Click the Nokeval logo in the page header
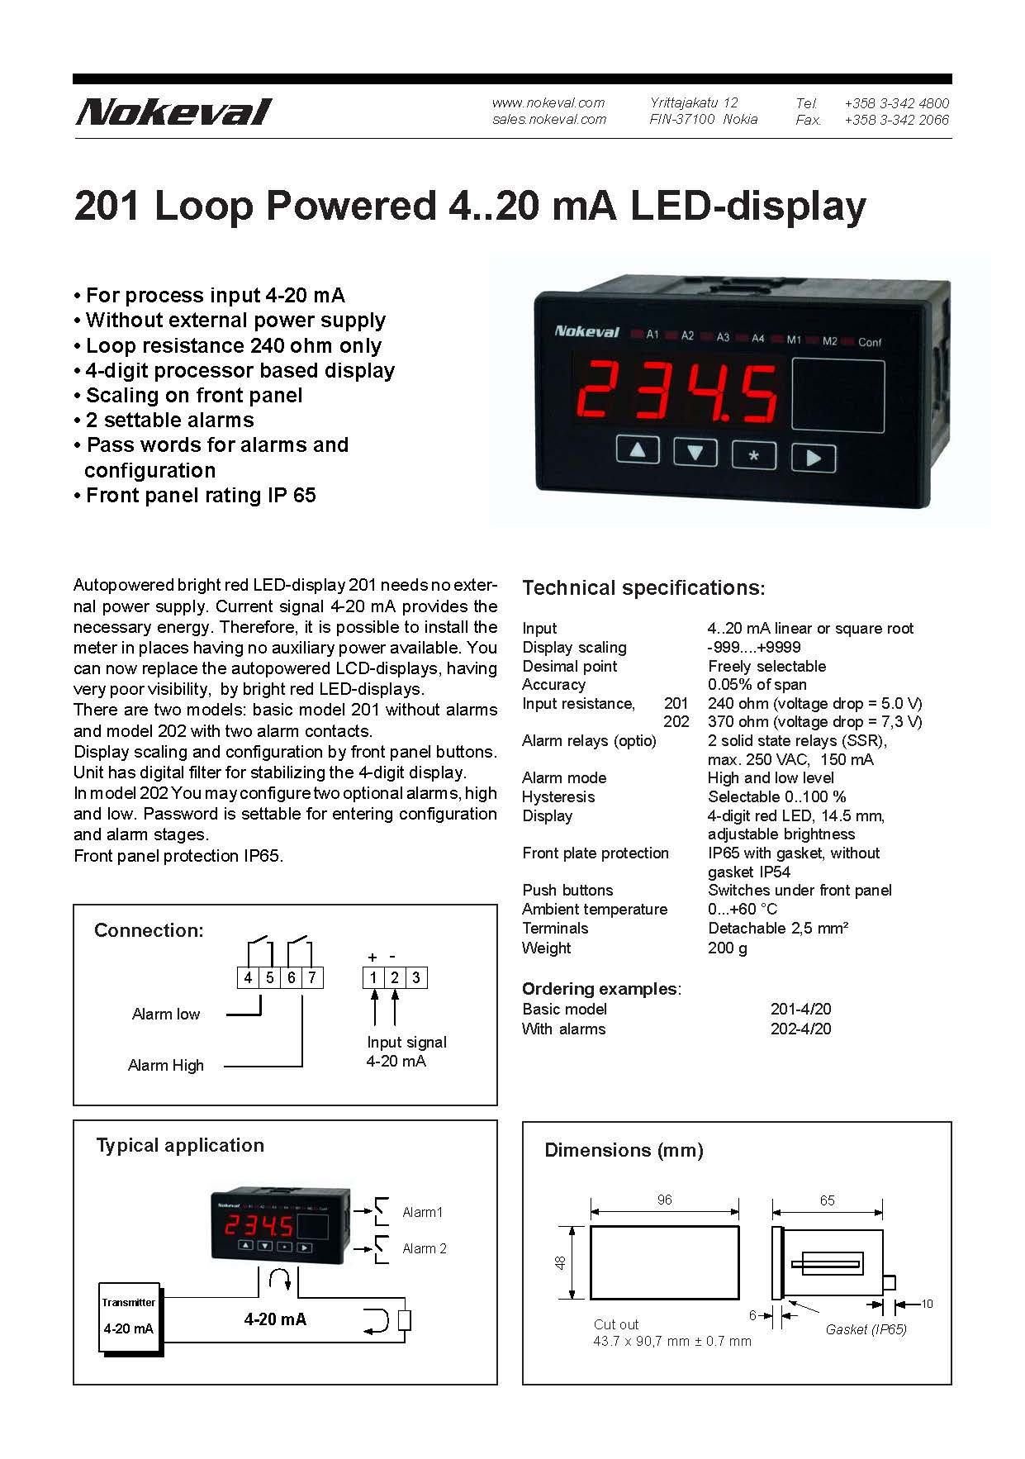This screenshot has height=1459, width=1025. [173, 112]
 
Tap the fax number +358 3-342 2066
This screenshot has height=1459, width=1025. [896, 120]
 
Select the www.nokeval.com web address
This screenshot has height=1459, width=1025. [548, 102]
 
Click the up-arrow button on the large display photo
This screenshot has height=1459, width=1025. [638, 451]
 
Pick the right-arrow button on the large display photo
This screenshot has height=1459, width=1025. [814, 458]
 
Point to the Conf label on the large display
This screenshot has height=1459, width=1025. [870, 342]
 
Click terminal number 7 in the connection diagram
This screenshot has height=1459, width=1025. [312, 977]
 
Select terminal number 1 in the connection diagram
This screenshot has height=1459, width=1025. [373, 977]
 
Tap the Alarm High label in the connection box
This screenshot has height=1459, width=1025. [165, 1065]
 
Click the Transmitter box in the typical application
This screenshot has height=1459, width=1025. [129, 1316]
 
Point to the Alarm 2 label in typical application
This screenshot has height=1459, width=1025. [424, 1248]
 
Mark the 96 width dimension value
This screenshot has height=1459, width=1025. [665, 1200]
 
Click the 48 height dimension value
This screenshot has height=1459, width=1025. [561, 1262]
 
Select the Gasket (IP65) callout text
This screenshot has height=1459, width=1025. [866, 1329]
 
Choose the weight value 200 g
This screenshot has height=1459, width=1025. [727, 948]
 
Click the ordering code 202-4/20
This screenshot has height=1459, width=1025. [800, 1029]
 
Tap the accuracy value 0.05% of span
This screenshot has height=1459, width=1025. [757, 684]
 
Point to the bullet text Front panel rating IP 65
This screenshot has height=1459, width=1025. [201, 495]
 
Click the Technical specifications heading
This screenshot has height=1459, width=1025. [643, 588]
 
